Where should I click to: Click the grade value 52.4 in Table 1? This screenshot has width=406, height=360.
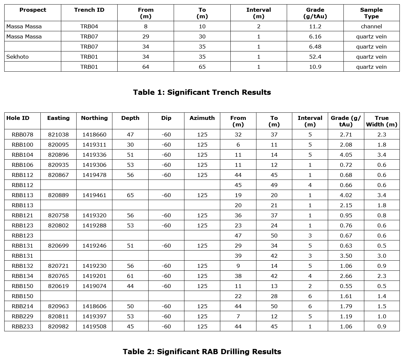[x=315, y=57]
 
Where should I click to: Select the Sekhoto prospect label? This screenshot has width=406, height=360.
[x=18, y=57]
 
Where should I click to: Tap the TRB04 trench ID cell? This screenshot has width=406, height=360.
[x=89, y=26]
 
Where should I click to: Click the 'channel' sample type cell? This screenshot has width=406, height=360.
[x=371, y=26]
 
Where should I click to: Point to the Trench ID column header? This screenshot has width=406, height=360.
[x=89, y=10]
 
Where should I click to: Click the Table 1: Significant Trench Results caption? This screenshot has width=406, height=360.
[x=202, y=92]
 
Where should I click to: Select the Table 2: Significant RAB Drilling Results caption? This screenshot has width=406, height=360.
[x=202, y=352]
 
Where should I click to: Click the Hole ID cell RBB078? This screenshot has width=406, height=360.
[x=22, y=135]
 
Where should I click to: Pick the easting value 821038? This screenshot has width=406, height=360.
[x=58, y=135]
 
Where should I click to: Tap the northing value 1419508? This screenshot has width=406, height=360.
[x=94, y=326]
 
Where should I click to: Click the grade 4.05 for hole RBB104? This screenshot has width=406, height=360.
[x=346, y=155]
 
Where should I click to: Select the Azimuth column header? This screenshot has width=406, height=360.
[x=202, y=118]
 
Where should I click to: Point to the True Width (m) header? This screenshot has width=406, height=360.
[x=382, y=121]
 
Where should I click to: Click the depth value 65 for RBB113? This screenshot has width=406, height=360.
[x=130, y=195]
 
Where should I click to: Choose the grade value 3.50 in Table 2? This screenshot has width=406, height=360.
[x=346, y=256]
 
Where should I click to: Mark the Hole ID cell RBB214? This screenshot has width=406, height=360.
[x=22, y=306]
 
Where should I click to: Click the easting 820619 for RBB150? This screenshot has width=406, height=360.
[x=58, y=286]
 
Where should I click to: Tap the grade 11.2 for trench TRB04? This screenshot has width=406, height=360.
[x=315, y=26]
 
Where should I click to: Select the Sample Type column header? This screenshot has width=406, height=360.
[x=371, y=13]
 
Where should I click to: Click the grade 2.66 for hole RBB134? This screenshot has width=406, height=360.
[x=346, y=276]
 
